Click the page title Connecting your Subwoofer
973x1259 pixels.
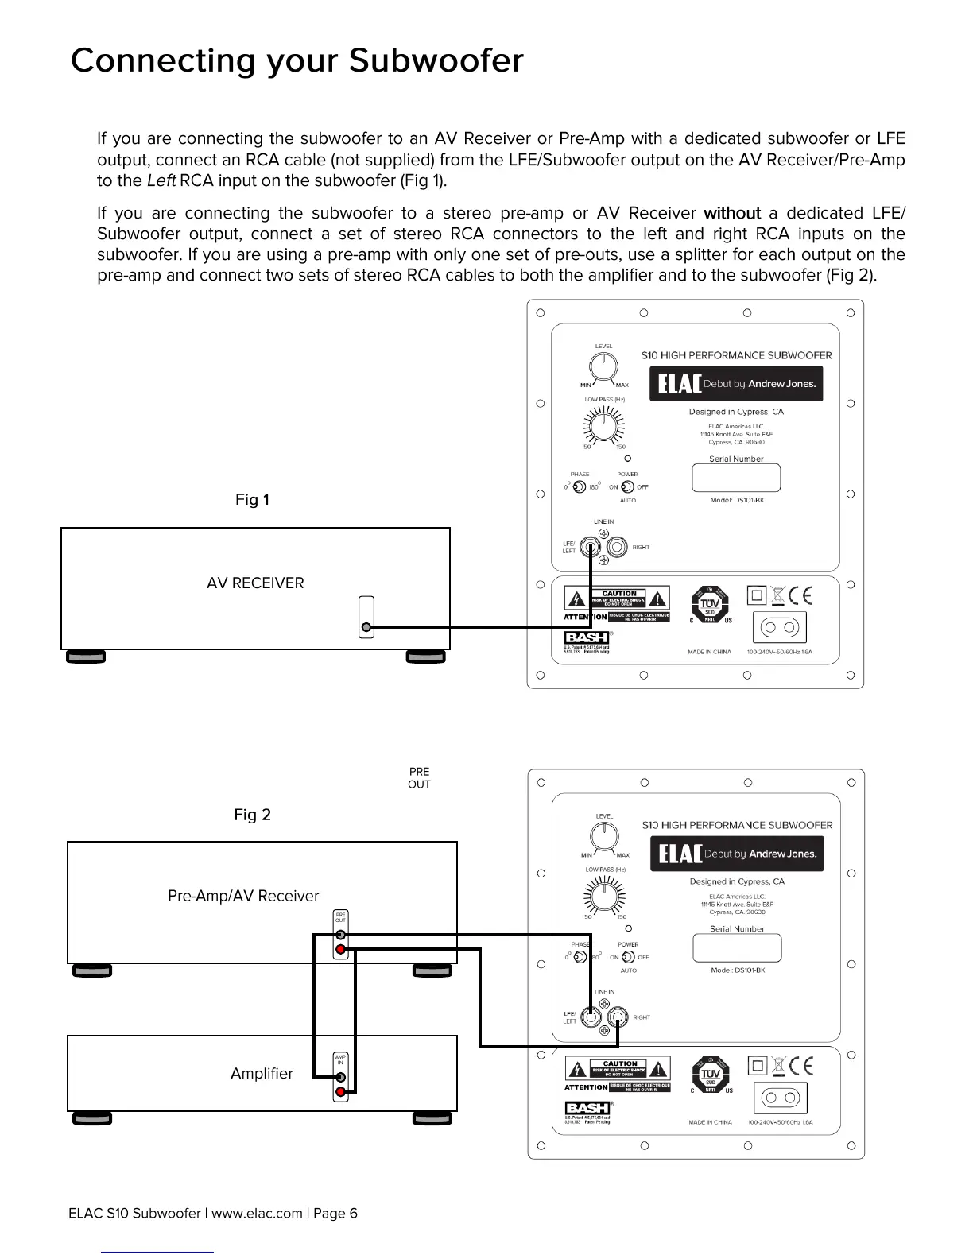pyautogui.click(x=297, y=61)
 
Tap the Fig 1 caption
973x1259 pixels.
pyautogui.click(x=252, y=500)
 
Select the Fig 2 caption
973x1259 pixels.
pyautogui.click(x=252, y=815)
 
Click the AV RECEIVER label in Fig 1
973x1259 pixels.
pyautogui.click(x=255, y=583)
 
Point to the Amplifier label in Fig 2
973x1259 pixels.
pyautogui.click(x=262, y=1074)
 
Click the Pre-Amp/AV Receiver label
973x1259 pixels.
pyautogui.click(x=243, y=897)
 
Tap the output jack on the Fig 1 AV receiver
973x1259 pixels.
pyautogui.click(x=366, y=627)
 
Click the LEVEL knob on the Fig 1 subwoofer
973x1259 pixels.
pyautogui.click(x=603, y=367)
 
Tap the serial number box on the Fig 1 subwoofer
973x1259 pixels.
pyautogui.click(x=736, y=478)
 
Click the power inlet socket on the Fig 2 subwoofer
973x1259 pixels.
pyautogui.click(x=780, y=1098)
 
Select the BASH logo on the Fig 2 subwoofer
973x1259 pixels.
pyautogui.click(x=587, y=1108)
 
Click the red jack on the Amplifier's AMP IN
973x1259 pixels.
pyautogui.click(x=341, y=1092)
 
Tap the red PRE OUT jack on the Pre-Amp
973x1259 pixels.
pyautogui.click(x=340, y=950)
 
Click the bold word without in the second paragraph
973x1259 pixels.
pyautogui.click(x=732, y=213)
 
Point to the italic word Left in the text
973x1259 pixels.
pyautogui.click(x=161, y=180)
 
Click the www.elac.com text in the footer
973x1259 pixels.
pyautogui.click(x=257, y=1213)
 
